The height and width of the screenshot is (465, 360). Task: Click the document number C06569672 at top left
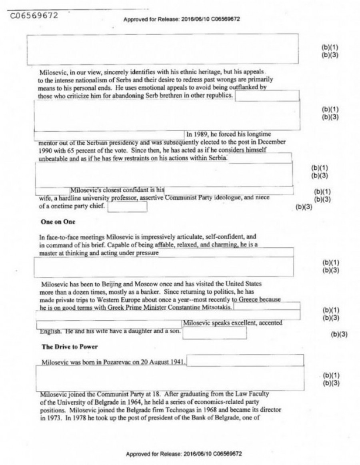[x=34, y=16]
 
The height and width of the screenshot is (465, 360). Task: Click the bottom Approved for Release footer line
[x=184, y=454]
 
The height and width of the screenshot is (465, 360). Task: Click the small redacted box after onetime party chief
[x=127, y=207]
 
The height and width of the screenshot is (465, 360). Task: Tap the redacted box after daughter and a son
[x=214, y=333]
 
